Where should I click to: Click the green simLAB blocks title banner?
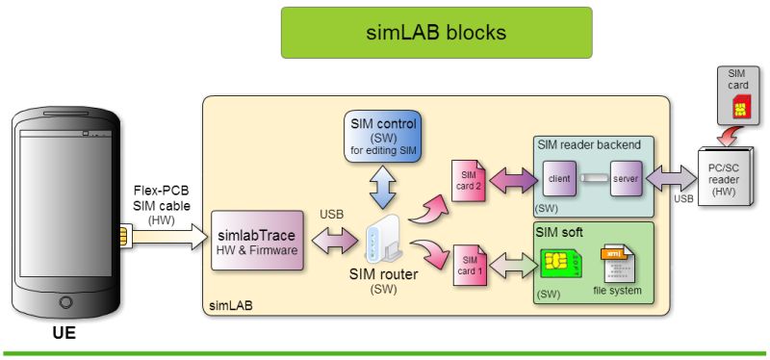[x=436, y=32]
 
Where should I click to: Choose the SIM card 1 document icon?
[x=469, y=265]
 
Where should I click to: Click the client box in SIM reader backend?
[x=558, y=179]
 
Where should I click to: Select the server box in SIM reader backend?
[x=625, y=179]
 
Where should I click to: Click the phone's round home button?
[x=65, y=301]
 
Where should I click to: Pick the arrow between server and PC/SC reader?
[x=671, y=179]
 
